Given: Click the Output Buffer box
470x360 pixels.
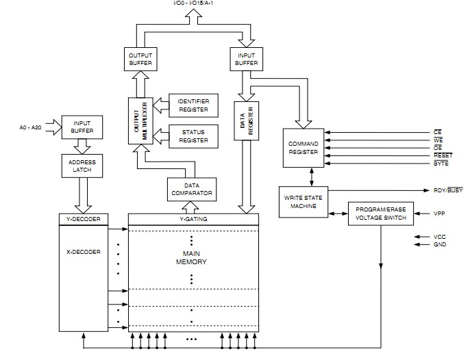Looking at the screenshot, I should (140, 60).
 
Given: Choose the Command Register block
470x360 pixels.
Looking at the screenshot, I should (304, 147).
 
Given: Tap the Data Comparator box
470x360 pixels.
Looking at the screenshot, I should (191, 190).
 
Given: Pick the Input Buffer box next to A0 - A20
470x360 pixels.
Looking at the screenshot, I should (82, 127).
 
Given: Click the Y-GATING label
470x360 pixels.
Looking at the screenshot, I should (193, 219).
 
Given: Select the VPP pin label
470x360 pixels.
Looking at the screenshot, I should (441, 214).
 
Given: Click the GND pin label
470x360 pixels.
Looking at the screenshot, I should (440, 244).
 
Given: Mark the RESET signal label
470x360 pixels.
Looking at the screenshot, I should (443, 155).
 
